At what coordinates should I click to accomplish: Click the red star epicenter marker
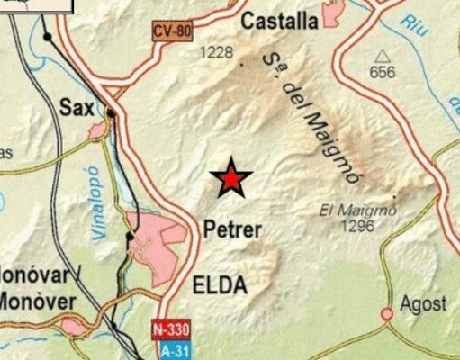231,180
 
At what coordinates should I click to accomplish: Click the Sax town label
77,107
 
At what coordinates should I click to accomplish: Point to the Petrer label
232,229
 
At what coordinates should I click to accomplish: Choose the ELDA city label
220,286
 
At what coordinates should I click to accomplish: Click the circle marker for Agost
387,313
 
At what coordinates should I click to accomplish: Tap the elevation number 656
383,73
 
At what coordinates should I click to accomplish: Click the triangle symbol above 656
383,56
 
